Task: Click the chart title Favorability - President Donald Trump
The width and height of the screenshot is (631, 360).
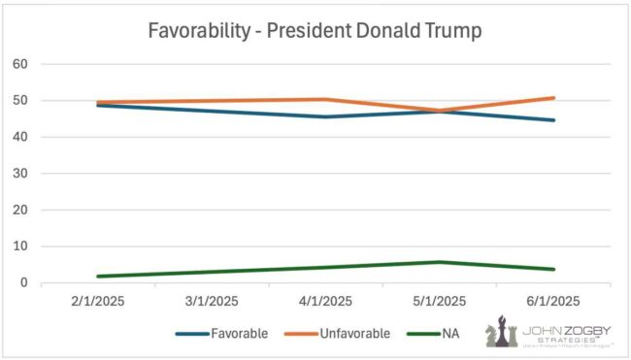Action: tap(315, 30)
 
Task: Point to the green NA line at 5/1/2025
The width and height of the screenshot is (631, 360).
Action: tap(440, 262)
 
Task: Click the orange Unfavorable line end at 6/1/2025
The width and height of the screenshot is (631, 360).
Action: tap(553, 98)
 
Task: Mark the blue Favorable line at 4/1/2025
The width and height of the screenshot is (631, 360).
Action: tap(325, 117)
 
